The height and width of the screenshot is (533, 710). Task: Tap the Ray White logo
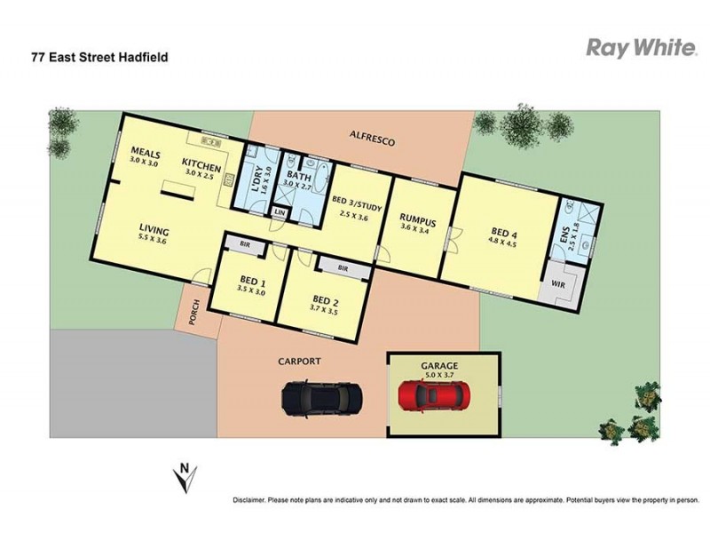click(639, 47)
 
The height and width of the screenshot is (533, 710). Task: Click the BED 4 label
click(503, 234)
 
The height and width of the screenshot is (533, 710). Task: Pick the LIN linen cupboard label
click(280, 213)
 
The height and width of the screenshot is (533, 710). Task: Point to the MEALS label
click(144, 153)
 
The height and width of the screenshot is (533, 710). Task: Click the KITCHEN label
click(201, 163)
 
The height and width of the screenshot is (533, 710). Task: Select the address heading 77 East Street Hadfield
click(99, 57)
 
